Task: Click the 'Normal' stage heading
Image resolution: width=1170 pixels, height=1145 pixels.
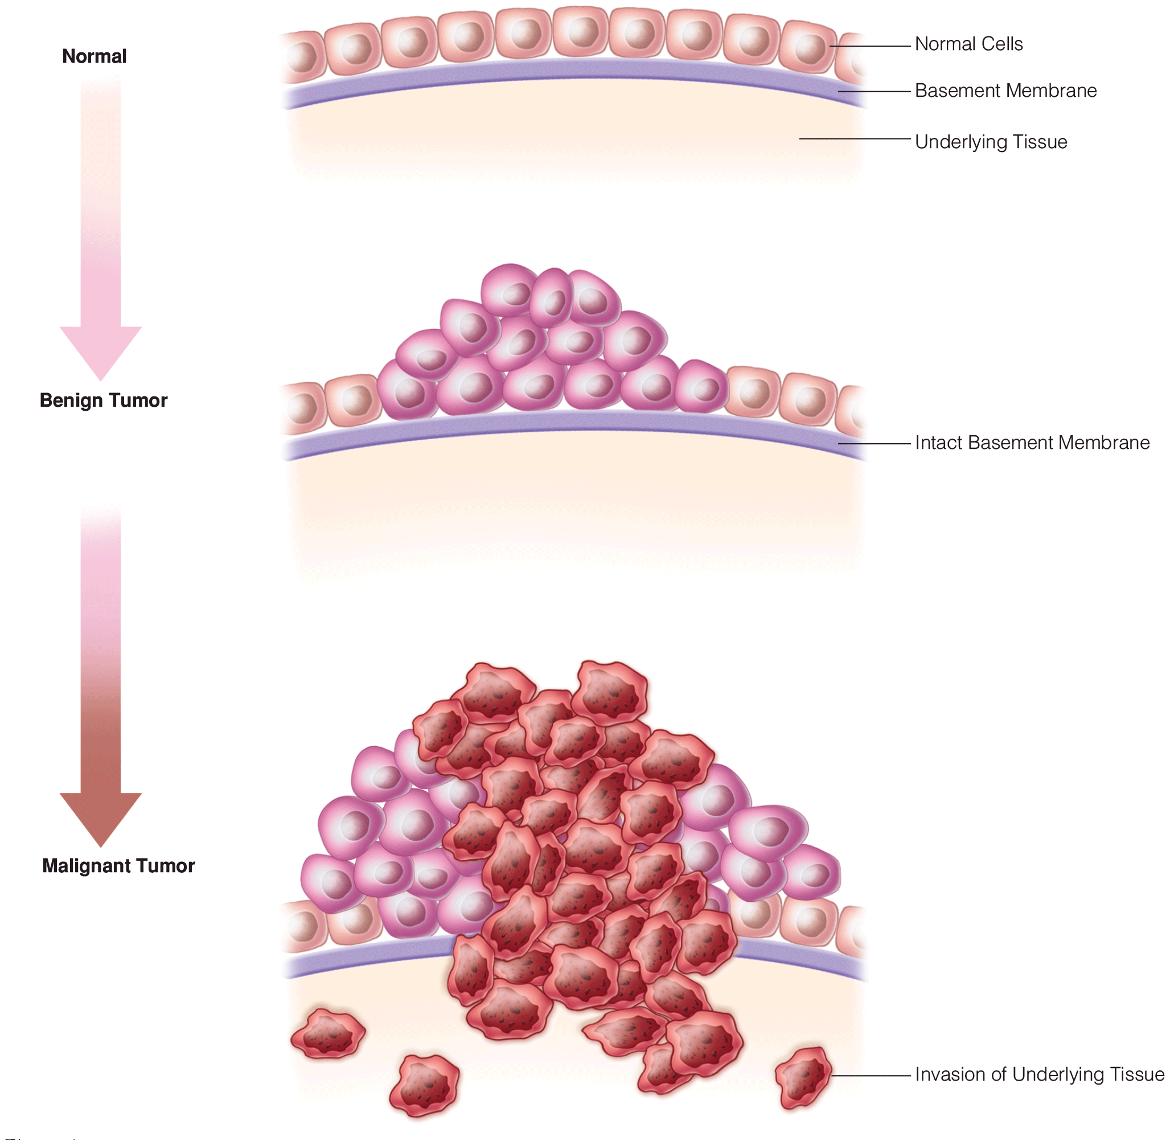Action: tap(95, 56)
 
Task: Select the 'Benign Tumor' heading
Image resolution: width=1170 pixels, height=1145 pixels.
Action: tap(104, 400)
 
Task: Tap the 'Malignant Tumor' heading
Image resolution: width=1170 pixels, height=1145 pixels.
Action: tap(118, 866)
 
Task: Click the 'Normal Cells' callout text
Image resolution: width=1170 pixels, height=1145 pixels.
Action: tap(968, 44)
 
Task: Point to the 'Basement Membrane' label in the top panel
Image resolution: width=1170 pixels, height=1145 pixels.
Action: tap(1005, 91)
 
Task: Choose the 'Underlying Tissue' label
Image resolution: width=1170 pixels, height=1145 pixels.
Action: tap(991, 142)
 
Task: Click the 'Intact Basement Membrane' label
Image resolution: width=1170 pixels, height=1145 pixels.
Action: tap(1032, 443)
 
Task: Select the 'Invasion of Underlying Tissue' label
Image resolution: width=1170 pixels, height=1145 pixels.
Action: tap(1040, 1074)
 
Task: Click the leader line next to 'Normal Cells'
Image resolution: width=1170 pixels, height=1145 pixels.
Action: tap(871, 46)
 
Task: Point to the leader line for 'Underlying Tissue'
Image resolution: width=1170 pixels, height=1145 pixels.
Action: tap(855, 139)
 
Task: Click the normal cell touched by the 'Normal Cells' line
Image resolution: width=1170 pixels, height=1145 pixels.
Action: tap(808, 47)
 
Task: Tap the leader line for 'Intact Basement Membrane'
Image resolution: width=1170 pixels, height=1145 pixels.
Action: tap(875, 444)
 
